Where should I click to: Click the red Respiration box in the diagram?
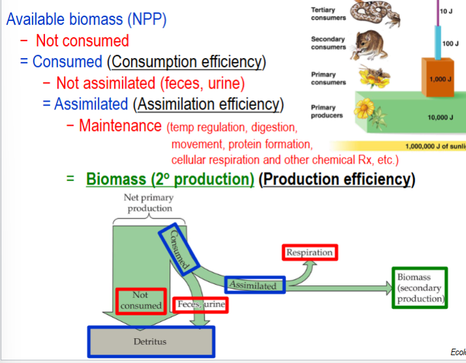coord(310,252)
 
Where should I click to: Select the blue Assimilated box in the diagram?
coord(255,285)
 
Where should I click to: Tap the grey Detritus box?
coord(151,341)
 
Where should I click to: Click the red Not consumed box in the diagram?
coord(141,300)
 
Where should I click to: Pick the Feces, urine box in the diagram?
coord(201,304)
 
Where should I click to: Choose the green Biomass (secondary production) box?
coord(420,288)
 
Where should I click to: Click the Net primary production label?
coord(149,203)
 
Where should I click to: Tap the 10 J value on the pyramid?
coord(446,12)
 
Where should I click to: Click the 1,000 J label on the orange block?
coord(437,78)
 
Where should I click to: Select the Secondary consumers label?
coord(328,44)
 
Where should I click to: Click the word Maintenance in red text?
coord(120,125)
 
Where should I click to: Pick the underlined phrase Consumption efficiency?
coord(187,62)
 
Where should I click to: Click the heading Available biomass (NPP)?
coord(87,19)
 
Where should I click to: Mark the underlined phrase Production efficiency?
coord(337,179)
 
